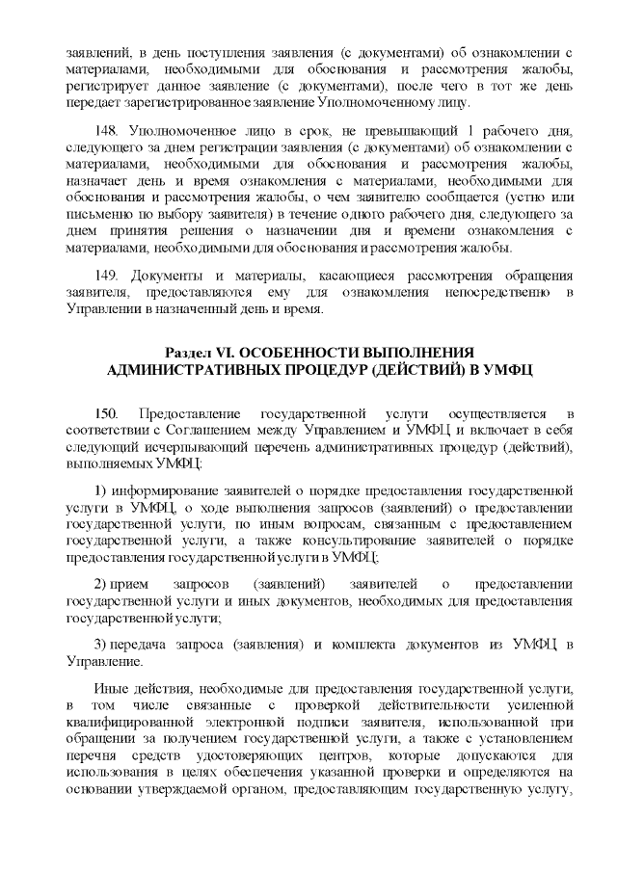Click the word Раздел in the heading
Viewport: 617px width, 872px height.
[x=193, y=352]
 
